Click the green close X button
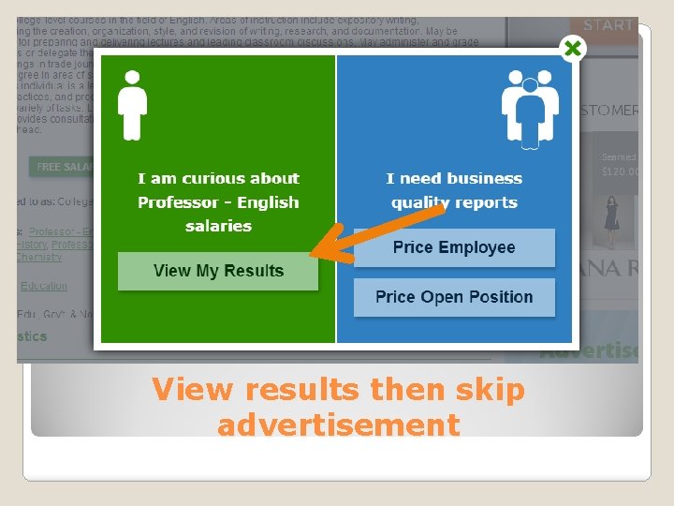point(573,49)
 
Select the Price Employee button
point(454,247)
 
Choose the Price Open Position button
point(454,297)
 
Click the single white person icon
point(132,106)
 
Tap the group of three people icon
point(530,109)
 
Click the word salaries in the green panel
point(218,226)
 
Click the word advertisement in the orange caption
point(338,424)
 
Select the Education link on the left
point(44,286)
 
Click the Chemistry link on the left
point(38,257)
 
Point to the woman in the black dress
point(612,216)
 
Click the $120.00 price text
point(619,172)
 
